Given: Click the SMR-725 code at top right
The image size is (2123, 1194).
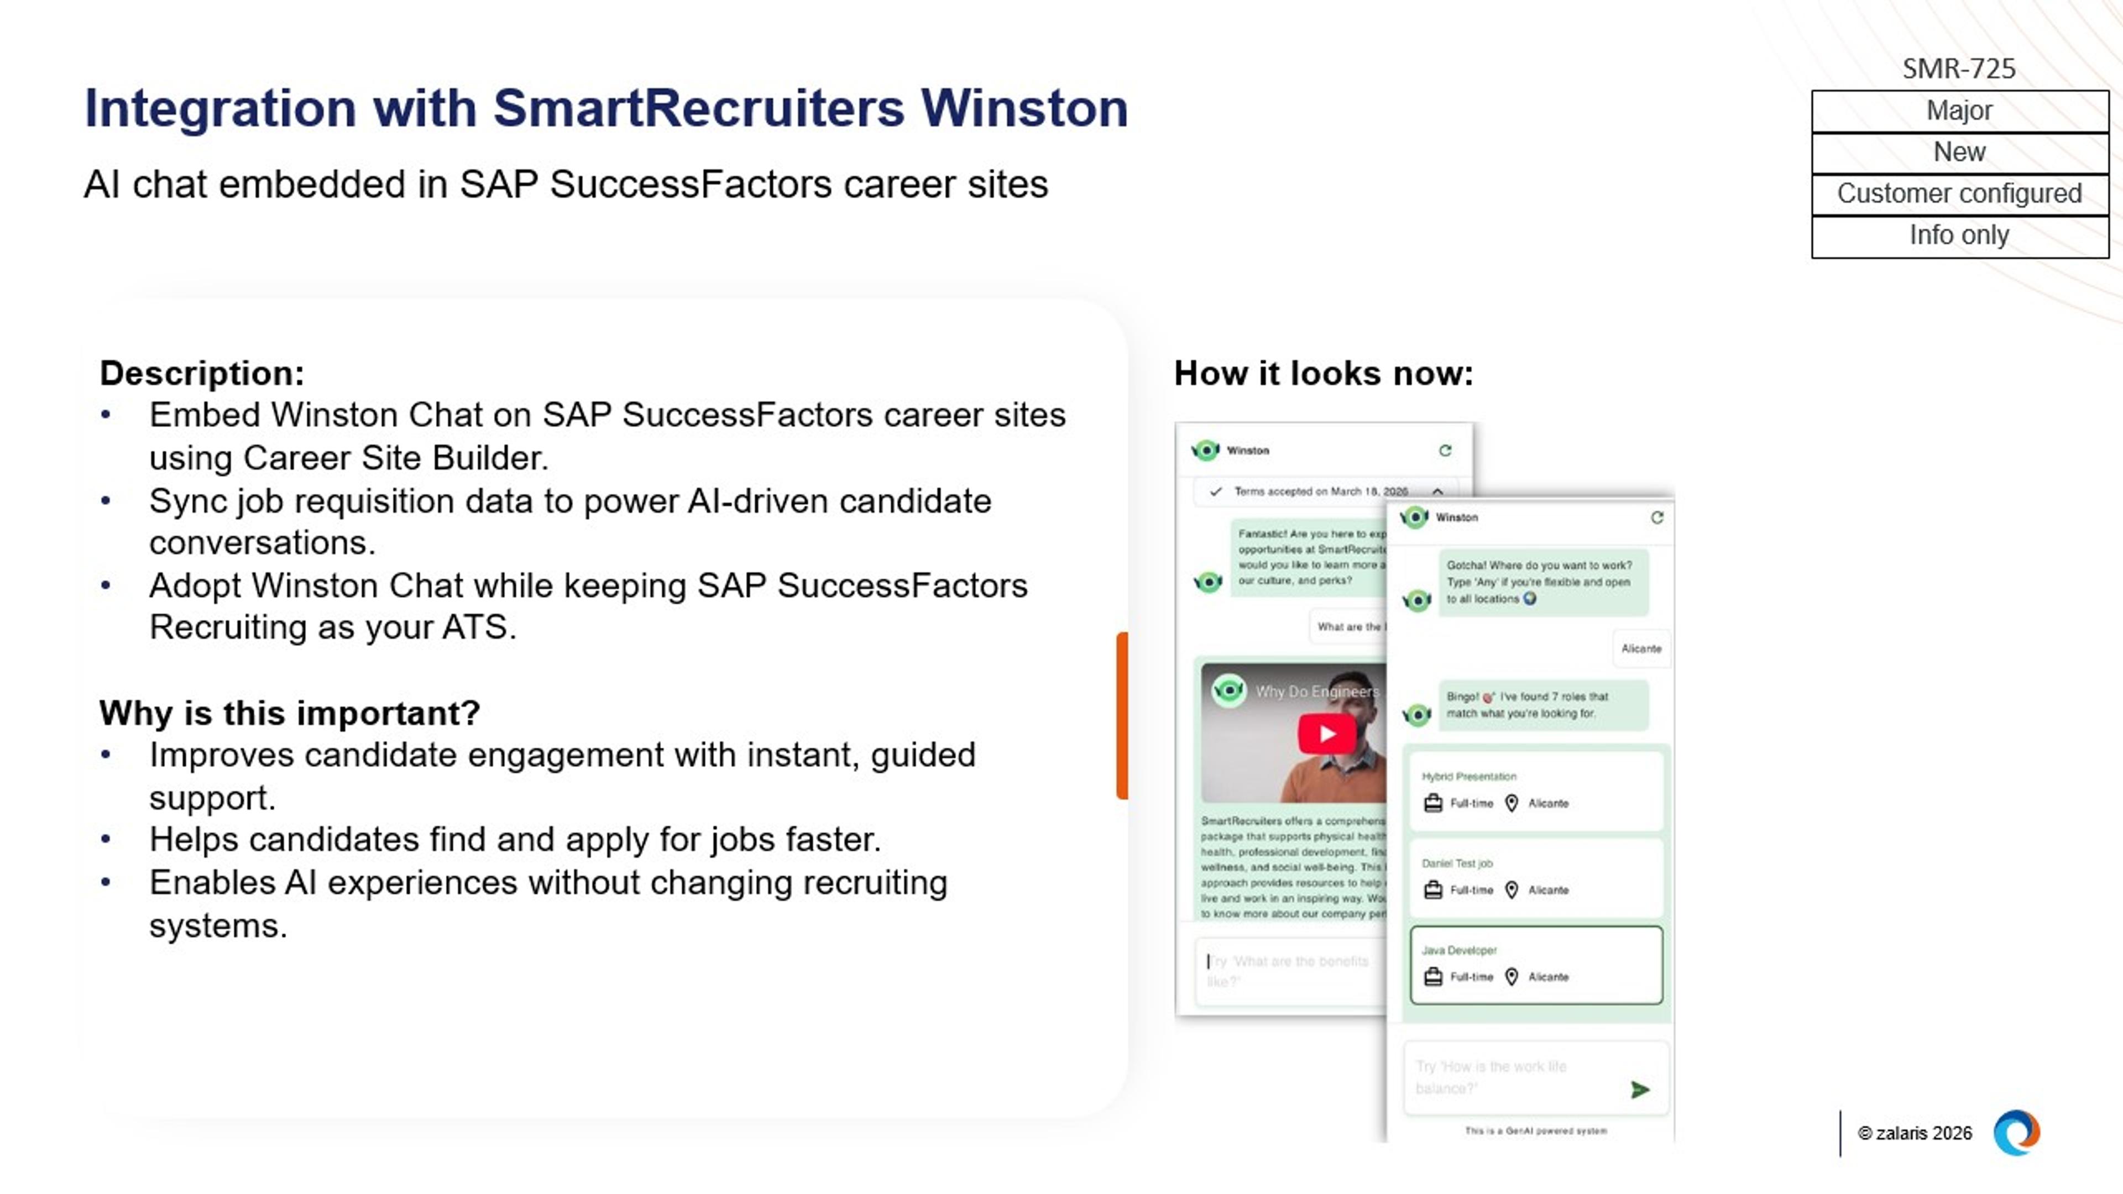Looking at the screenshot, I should (x=1958, y=69).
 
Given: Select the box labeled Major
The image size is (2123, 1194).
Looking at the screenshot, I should (x=1958, y=111).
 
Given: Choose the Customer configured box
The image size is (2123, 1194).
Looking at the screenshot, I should (x=1958, y=193).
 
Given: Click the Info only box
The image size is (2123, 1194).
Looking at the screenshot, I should (x=1958, y=235).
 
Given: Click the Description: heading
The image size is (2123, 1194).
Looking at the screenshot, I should (x=202, y=373).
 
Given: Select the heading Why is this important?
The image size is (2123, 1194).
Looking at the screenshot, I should (x=289, y=713).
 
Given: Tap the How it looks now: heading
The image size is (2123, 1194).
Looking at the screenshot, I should (x=1323, y=373).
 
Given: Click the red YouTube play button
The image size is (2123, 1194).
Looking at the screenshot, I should (x=1327, y=734).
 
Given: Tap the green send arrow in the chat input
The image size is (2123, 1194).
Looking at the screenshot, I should (x=1639, y=1090).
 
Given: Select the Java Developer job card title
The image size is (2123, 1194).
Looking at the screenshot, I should (x=1459, y=950).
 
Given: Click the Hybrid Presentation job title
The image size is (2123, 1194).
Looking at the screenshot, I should (x=1468, y=776).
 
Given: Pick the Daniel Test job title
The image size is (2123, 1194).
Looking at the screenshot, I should (x=1456, y=863).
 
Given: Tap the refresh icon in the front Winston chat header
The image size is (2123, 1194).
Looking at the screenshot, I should (x=1656, y=517).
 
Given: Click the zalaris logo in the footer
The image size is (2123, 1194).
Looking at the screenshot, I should (x=2016, y=1133).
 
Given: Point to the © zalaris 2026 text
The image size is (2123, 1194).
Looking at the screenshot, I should (x=1915, y=1133).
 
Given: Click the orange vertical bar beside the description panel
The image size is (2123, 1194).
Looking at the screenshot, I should (x=1122, y=715).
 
